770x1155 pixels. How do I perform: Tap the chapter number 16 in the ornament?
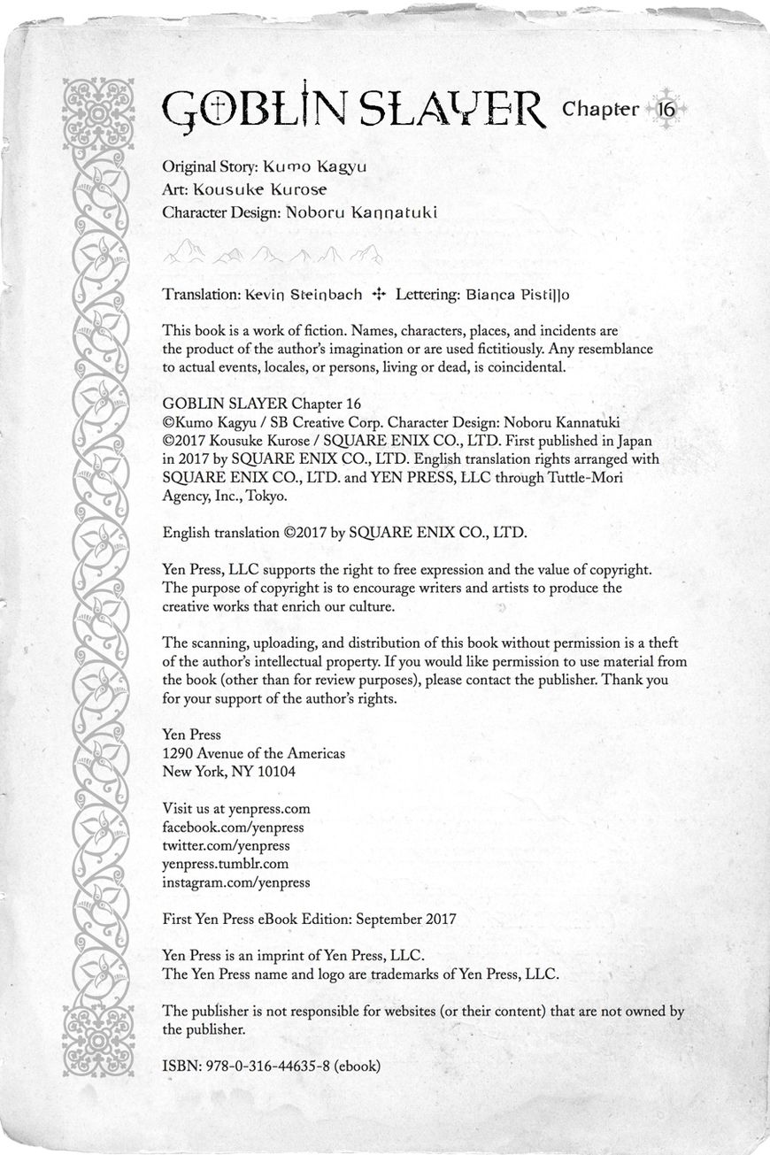[x=666, y=110]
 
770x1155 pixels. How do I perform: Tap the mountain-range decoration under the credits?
[x=273, y=255]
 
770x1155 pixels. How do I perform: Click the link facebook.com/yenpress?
[x=234, y=827]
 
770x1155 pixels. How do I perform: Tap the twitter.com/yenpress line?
[x=227, y=845]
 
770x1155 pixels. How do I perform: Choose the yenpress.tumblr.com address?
[x=226, y=864]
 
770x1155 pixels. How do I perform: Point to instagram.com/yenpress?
[x=236, y=882]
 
